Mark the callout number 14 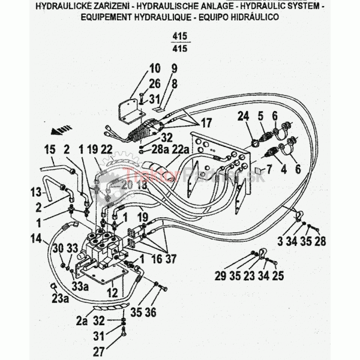[37, 239]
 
